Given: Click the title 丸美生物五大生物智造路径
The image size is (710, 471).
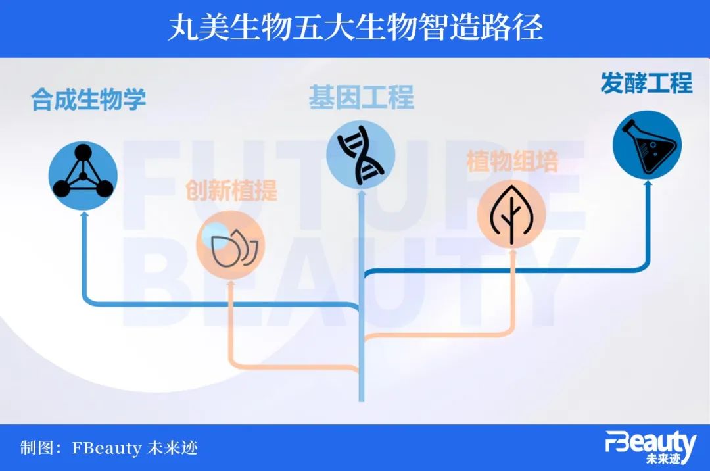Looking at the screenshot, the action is pos(356,28).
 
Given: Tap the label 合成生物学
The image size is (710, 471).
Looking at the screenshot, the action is pos(88,99).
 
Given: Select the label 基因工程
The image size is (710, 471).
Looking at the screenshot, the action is pos(362,97).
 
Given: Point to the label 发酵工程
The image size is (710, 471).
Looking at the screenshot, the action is pos(647,83).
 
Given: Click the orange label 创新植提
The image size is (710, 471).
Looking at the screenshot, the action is pos(231,190).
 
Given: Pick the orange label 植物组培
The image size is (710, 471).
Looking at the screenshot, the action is pos(513,161).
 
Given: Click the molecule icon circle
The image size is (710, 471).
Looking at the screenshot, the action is pos(83,176).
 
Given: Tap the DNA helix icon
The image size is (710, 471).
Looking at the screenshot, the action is pos(361,155).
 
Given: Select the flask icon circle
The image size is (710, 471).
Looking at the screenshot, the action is pos(647,145).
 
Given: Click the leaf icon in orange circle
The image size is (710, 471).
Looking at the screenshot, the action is pos(511,214).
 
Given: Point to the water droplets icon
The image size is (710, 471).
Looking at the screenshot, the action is pos(231,245).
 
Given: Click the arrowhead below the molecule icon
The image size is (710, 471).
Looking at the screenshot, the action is pos(83,215).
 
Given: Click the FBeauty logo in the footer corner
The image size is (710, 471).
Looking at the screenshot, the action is pos(651,447).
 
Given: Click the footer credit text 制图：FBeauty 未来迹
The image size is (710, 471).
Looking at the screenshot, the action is pos(109,448).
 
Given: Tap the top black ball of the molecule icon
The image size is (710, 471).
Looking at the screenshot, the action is pos(83,152).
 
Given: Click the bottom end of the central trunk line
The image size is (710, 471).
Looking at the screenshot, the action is pos(362,401).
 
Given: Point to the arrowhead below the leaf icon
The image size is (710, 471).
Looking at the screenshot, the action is pos(513,252).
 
